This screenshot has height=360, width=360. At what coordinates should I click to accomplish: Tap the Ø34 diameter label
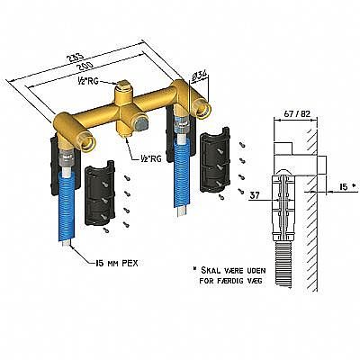coord(198,76)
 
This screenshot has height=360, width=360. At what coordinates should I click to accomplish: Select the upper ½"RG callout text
coord(86,82)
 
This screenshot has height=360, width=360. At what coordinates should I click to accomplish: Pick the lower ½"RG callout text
coord(150,158)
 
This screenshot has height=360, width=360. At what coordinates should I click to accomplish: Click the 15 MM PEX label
coord(116,264)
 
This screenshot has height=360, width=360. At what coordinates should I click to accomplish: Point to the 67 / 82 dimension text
coord(297,114)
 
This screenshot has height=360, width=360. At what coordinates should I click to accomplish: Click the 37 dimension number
coord(255,195)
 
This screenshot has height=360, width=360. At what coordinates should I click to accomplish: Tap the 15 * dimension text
coord(346,187)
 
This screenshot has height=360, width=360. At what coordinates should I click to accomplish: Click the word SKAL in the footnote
coord(211,271)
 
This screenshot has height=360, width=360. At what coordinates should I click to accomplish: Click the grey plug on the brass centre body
coord(139,123)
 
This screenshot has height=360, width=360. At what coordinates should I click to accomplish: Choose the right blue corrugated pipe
coord(181,174)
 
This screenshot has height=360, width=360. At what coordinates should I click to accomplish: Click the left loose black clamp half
coord(100,193)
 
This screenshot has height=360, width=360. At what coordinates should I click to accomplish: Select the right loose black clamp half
coord(215,160)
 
